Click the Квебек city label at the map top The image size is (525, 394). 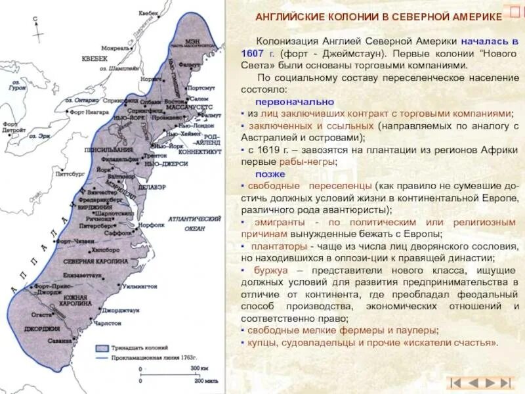[148, 12]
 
